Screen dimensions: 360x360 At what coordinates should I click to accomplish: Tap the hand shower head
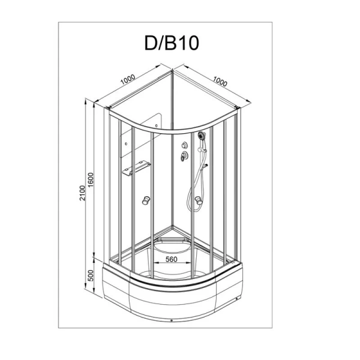point(202,137)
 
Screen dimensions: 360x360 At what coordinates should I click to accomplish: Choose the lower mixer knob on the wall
point(183,157)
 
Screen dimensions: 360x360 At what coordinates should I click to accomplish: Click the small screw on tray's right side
point(239,293)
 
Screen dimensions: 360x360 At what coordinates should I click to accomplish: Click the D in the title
point(148,43)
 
